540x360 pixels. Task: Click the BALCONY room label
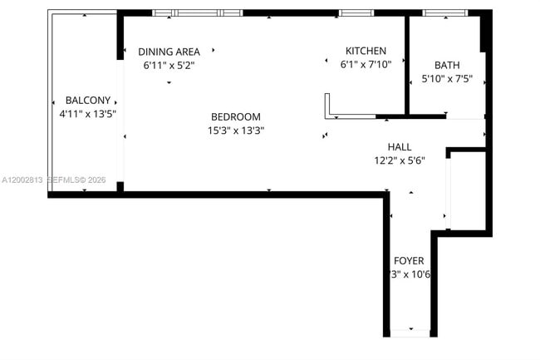click(x=83, y=100)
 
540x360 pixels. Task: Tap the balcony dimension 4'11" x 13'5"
click(x=83, y=114)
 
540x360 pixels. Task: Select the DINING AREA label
click(x=169, y=52)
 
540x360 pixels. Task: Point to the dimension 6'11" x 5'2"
click(x=169, y=64)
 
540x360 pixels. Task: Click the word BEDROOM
click(x=236, y=117)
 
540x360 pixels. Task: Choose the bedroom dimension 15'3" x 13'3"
click(x=236, y=130)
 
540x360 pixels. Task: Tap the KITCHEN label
click(x=366, y=51)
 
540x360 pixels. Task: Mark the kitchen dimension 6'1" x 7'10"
click(x=366, y=63)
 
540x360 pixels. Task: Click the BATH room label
click(x=447, y=66)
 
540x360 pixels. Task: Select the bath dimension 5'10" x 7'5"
click(x=447, y=79)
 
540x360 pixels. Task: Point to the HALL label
click(x=400, y=147)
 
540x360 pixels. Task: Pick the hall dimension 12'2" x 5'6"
click(x=400, y=160)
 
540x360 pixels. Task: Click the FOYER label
click(x=409, y=261)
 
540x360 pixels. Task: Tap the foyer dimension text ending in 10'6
click(x=409, y=274)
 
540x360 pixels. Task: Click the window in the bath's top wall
click(x=445, y=12)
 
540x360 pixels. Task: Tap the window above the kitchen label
click(x=356, y=12)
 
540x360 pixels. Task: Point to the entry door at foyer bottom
click(x=409, y=333)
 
